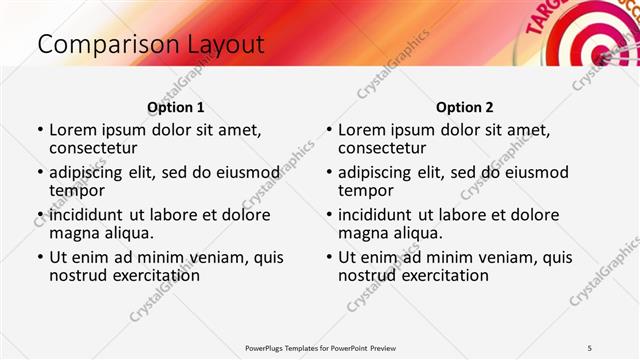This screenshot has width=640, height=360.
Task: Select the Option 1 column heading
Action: click(x=175, y=107)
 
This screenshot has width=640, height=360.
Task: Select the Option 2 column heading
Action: click(x=464, y=107)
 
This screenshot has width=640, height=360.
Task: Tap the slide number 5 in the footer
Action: click(x=590, y=347)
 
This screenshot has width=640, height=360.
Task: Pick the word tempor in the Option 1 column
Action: click(x=77, y=190)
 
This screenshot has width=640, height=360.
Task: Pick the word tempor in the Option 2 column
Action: click(x=366, y=190)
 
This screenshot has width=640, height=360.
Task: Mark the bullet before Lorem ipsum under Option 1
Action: click(x=39, y=130)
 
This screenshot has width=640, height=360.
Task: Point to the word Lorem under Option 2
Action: click(x=361, y=129)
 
